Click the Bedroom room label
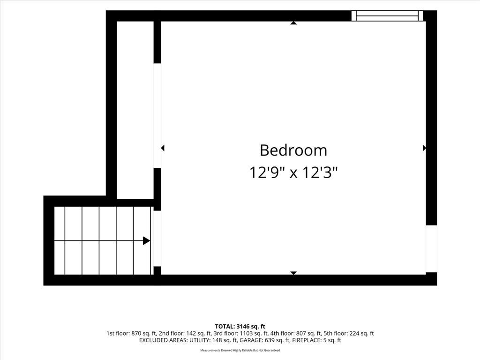click(293, 150)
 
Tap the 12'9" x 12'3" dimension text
click(293, 172)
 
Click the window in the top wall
click(387, 16)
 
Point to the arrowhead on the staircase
click(146, 240)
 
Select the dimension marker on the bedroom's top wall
click(293, 22)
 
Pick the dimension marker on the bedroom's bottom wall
click(293, 273)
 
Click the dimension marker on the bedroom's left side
click(163, 148)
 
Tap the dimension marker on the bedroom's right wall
click(424, 148)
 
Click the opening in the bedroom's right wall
click(431, 249)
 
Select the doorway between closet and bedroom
click(157, 116)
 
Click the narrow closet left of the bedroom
click(135, 110)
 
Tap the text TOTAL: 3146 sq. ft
click(240, 326)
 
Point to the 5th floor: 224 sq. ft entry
click(349, 333)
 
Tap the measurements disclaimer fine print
click(240, 350)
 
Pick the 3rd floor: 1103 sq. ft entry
click(240, 333)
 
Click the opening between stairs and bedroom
click(157, 239)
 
